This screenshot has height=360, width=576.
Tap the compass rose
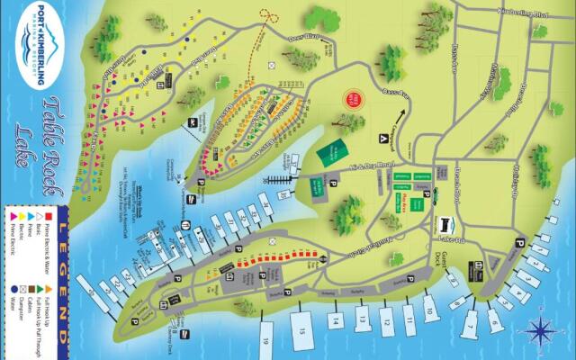(x=540, y=330)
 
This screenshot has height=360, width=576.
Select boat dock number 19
(x=267, y=341)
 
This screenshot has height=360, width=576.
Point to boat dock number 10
(x=430, y=310)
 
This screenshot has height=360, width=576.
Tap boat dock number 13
(x=360, y=318)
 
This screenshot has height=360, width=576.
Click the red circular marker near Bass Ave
(x=355, y=100)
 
